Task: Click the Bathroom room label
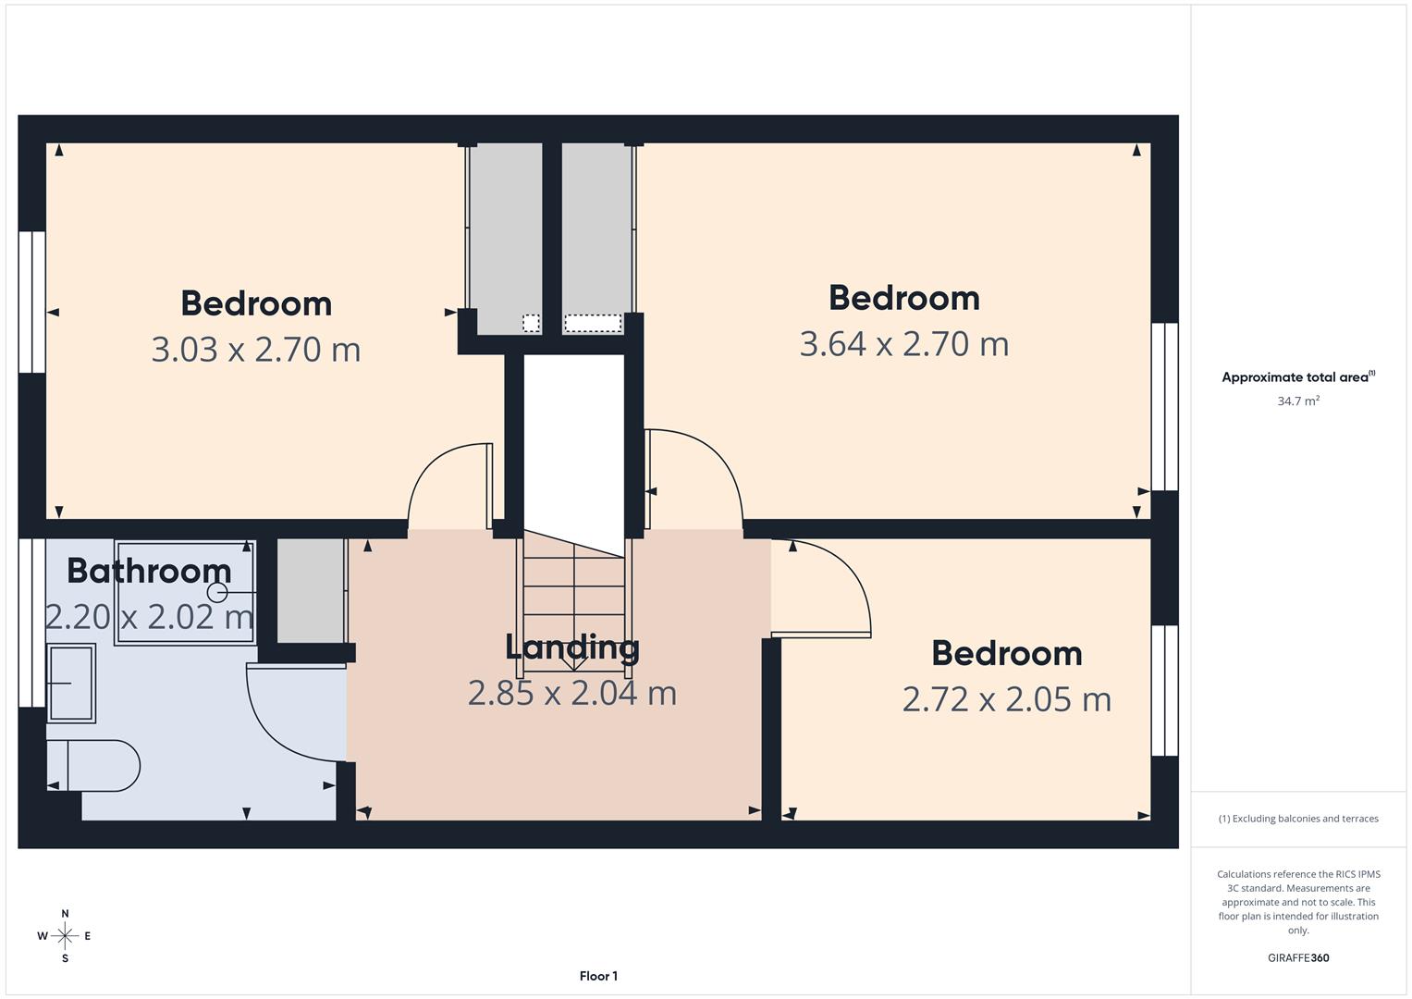[149, 571]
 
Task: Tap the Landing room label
[571, 647]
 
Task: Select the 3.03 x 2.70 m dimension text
[255, 350]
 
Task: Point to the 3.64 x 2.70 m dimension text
[903, 344]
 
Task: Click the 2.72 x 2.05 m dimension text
[1006, 699]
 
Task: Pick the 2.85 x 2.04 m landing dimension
[571, 693]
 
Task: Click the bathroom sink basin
[71, 683]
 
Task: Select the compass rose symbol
[65, 936]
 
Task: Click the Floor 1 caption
[598, 976]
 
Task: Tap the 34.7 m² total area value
[1297, 401]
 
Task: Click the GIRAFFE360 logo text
[1297, 957]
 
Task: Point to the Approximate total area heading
[1297, 376]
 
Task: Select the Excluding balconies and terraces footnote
[1297, 819]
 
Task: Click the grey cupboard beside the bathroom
[311, 590]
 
